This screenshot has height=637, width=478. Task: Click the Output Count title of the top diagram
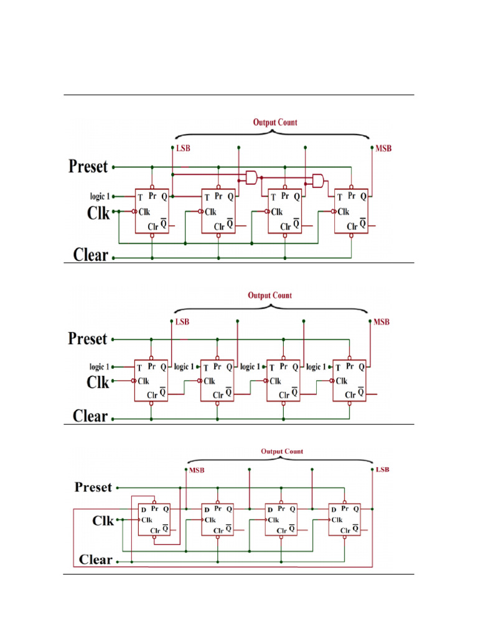275,123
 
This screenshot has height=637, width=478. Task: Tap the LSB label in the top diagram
183,148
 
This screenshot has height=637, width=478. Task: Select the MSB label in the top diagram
383,148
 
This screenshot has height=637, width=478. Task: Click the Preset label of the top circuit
88,167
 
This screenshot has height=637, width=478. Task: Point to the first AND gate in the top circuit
251,177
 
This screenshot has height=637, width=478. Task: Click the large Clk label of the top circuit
98,213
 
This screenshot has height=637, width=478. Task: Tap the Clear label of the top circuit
91,255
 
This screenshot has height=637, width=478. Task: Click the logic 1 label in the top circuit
100,197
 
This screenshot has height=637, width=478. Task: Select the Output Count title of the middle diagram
270,295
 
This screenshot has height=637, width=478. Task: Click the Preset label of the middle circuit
87,339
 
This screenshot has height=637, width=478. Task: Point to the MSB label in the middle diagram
382,322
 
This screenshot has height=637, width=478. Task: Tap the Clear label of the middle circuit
90,416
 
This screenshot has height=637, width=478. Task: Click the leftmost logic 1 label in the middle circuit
99,367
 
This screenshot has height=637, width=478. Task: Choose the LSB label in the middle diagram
182,322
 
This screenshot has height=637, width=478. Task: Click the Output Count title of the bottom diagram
282,452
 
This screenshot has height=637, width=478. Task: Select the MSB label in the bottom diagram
197,470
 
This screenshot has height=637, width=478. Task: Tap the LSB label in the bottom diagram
383,470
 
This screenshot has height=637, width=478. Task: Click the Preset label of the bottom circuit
93,487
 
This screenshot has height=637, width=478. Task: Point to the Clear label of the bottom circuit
95,559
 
